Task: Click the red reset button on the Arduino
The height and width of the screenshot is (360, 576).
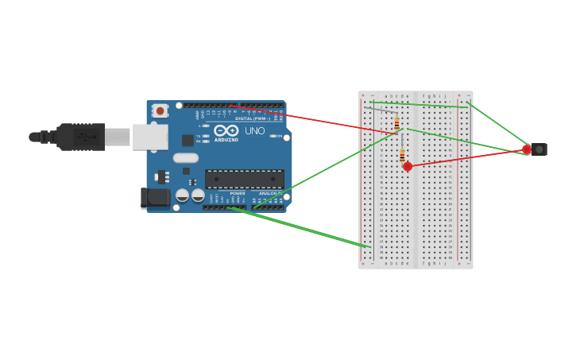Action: click(x=160, y=111)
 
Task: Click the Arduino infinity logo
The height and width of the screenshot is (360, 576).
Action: click(x=226, y=130)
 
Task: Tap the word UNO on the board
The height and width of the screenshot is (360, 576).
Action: click(x=254, y=131)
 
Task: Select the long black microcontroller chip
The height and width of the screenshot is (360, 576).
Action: click(x=244, y=179)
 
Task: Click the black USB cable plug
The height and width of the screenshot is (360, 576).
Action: click(x=79, y=137)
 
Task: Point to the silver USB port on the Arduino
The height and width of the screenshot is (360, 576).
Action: click(x=149, y=137)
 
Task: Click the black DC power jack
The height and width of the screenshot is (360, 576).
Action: click(x=154, y=197)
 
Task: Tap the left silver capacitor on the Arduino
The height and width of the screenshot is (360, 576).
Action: click(x=183, y=195)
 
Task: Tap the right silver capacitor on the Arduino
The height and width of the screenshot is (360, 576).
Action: click(x=198, y=195)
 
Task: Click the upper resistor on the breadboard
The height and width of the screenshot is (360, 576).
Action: click(x=396, y=123)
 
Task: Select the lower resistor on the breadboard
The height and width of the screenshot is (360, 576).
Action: click(x=402, y=154)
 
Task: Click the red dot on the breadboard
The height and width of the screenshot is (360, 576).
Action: click(x=408, y=166)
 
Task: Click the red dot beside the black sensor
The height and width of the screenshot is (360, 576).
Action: click(x=527, y=149)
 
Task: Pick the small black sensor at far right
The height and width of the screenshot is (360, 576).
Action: click(x=539, y=149)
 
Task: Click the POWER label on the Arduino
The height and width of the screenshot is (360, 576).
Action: click(x=238, y=193)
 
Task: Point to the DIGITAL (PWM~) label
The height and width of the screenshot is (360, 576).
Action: click(x=253, y=118)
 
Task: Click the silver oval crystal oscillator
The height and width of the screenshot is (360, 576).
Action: click(x=185, y=157)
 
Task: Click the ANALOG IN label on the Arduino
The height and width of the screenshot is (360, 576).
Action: click(x=268, y=193)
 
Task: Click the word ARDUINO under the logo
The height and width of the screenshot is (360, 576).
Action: click(x=226, y=140)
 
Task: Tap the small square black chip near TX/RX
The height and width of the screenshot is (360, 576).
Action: click(x=187, y=140)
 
